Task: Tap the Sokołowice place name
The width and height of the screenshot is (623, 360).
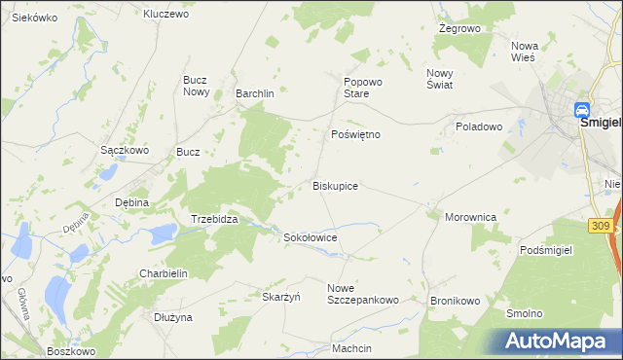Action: click(x=310, y=236)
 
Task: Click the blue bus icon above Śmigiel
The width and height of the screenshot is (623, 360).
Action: click(x=582, y=110)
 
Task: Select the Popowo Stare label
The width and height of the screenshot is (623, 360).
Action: click(x=354, y=88)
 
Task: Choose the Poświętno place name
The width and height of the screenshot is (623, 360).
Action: click(x=355, y=134)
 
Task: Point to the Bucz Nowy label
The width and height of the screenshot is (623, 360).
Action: click(x=198, y=86)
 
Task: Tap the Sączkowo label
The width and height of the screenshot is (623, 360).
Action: click(x=125, y=151)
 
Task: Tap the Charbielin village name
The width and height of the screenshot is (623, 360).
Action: click(x=163, y=273)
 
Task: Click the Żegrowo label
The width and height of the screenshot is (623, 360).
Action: click(x=460, y=29)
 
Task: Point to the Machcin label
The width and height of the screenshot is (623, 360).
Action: click(x=351, y=348)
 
